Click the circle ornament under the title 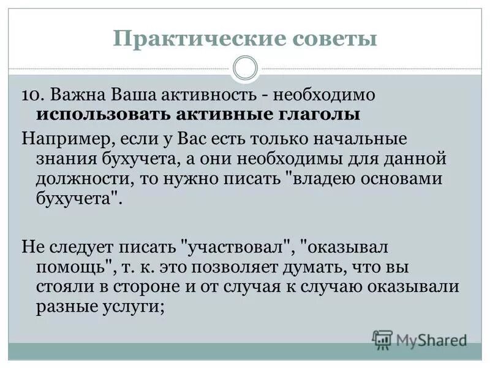coord(246,68)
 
